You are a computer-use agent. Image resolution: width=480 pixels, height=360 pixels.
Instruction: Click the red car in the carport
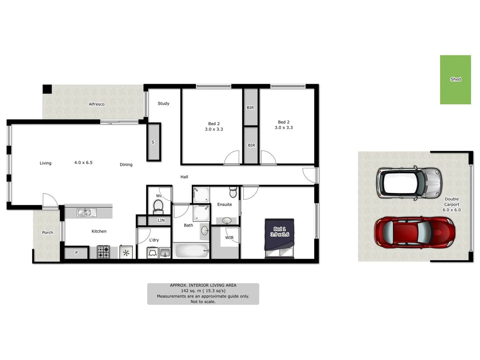414,232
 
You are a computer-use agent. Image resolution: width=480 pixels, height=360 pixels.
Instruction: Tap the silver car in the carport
409,183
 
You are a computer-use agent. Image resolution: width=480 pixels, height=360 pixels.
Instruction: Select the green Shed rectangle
455,80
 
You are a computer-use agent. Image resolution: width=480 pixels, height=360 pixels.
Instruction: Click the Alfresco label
97,104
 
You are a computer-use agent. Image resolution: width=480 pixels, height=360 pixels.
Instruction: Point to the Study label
163,104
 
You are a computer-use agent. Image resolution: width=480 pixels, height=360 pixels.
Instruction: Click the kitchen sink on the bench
86,212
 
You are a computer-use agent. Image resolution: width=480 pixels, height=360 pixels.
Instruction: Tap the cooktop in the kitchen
103,252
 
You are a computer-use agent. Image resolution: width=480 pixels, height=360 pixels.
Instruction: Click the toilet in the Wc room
158,206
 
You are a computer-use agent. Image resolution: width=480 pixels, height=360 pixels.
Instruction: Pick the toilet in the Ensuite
233,192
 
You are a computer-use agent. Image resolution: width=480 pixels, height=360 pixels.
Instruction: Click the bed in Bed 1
279,238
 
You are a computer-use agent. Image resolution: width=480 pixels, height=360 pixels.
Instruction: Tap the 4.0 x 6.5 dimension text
83,163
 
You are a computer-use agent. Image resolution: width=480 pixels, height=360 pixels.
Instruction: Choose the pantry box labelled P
76,253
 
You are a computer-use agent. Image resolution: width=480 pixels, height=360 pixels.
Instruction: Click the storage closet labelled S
153,142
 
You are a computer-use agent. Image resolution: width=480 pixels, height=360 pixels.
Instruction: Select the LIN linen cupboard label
161,220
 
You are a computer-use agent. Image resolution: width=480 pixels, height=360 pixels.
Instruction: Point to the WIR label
229,238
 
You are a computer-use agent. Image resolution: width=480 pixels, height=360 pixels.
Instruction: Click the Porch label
47,233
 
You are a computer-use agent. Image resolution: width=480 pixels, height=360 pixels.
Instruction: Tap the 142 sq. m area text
203,291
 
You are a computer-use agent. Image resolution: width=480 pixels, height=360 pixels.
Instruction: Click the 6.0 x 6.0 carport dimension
452,210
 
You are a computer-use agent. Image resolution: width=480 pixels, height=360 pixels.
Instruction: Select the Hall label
184,177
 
